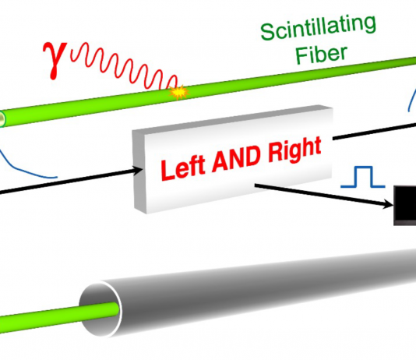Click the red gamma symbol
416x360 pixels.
(x=55, y=61)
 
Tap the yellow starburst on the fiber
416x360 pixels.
(x=179, y=92)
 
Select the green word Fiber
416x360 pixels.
(x=321, y=55)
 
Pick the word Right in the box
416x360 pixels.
(x=294, y=150)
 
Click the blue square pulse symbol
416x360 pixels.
(x=363, y=177)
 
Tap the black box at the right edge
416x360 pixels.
(x=405, y=206)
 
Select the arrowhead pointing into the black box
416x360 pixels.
(x=389, y=204)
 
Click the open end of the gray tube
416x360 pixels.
(x=100, y=309)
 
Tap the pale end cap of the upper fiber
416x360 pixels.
(x=2, y=119)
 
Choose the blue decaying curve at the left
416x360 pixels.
(x=24, y=167)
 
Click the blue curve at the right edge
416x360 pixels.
(x=412, y=100)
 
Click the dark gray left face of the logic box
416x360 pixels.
(x=139, y=171)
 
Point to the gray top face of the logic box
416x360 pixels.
(x=232, y=119)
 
